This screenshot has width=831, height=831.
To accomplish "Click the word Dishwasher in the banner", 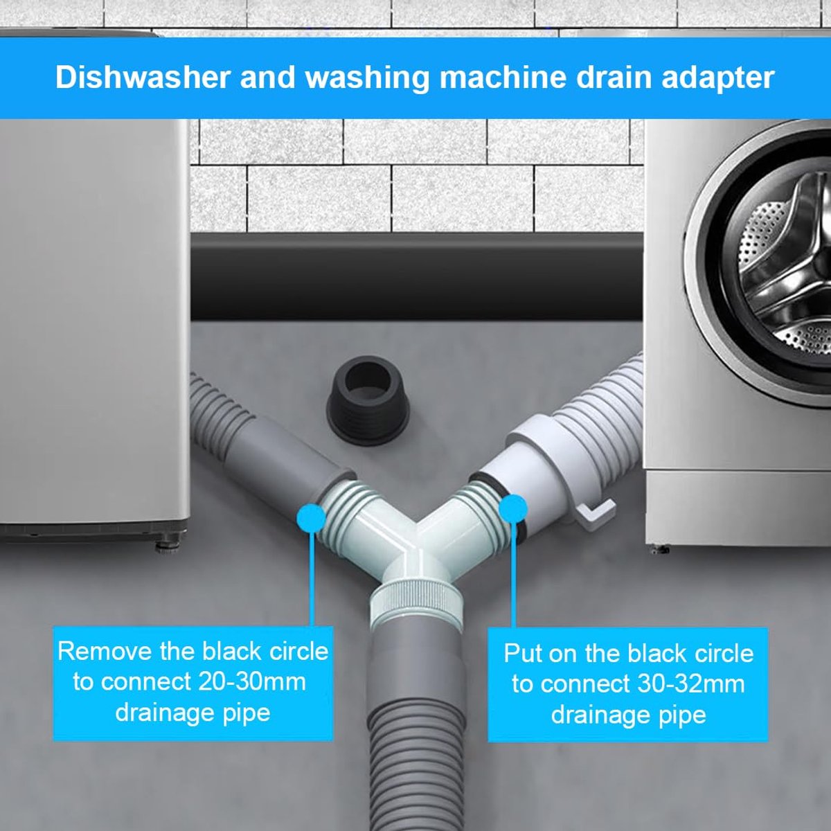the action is [x=142, y=78].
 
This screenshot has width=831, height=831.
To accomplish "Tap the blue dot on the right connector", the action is [x=512, y=509].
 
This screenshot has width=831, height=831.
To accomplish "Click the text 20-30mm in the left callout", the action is [x=250, y=682].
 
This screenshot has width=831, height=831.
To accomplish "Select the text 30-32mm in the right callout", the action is [x=690, y=684].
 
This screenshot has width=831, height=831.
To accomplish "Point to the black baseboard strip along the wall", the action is [x=416, y=277].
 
